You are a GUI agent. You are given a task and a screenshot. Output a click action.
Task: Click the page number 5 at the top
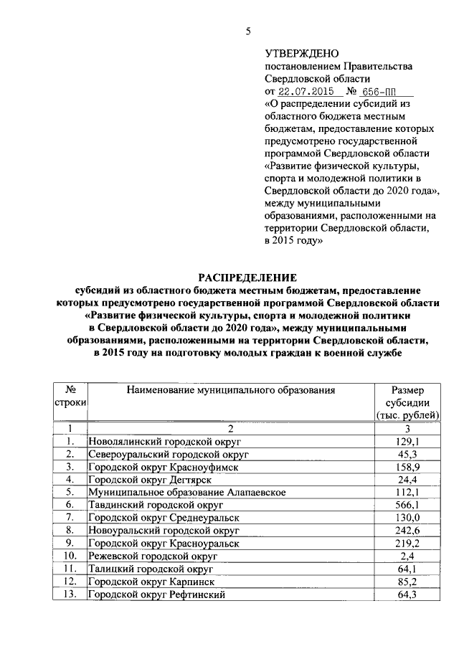[x=248, y=31]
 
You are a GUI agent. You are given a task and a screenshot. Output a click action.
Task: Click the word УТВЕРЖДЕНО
[x=297, y=54]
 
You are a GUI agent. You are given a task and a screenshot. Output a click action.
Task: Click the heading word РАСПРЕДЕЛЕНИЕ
[x=247, y=278]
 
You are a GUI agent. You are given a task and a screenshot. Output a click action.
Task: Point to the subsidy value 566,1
[x=407, y=504]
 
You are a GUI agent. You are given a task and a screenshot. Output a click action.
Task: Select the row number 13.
[x=70, y=595]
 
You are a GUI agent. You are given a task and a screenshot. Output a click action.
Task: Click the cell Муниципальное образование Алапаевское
[x=187, y=492]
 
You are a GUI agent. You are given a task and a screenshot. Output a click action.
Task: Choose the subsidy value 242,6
[x=407, y=530]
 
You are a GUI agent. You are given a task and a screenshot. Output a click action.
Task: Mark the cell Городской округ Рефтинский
[x=157, y=595]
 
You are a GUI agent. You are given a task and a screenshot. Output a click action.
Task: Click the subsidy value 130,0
[x=407, y=517]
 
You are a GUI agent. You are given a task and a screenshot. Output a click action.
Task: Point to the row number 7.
[x=70, y=517]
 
